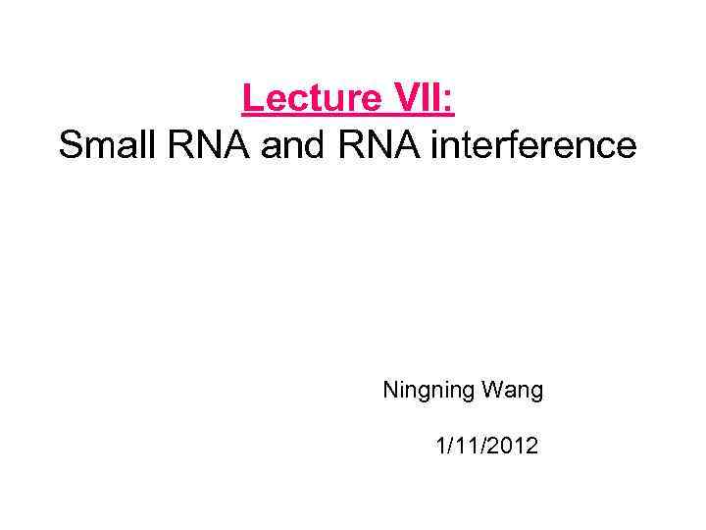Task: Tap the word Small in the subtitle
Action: [101, 145]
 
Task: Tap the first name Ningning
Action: [429, 391]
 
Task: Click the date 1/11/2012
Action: [486, 447]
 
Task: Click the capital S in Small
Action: [69, 145]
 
